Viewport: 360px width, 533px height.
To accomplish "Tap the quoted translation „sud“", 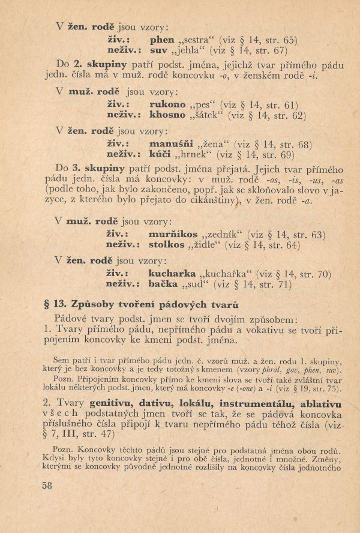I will [198, 286].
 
